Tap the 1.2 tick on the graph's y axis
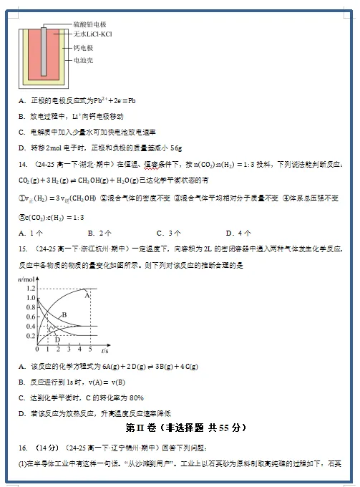point(31,288)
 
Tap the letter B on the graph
point(64,315)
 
